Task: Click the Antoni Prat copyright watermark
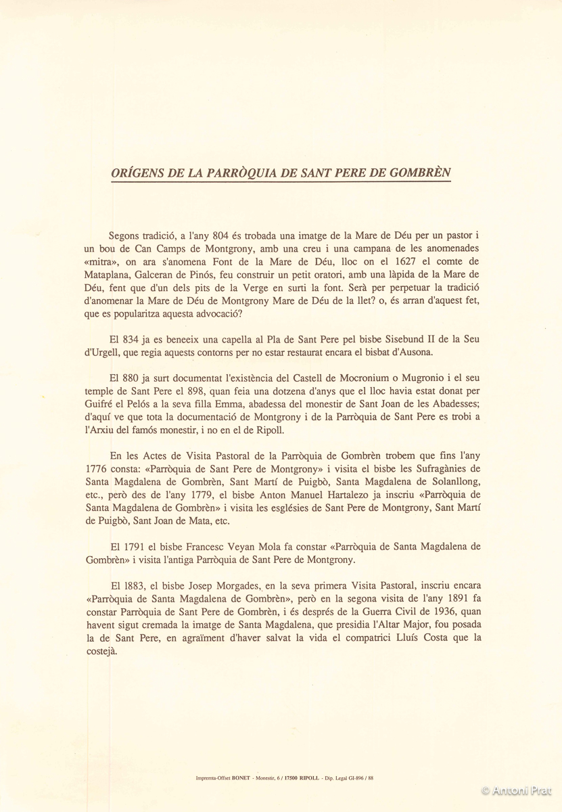(519, 790)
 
